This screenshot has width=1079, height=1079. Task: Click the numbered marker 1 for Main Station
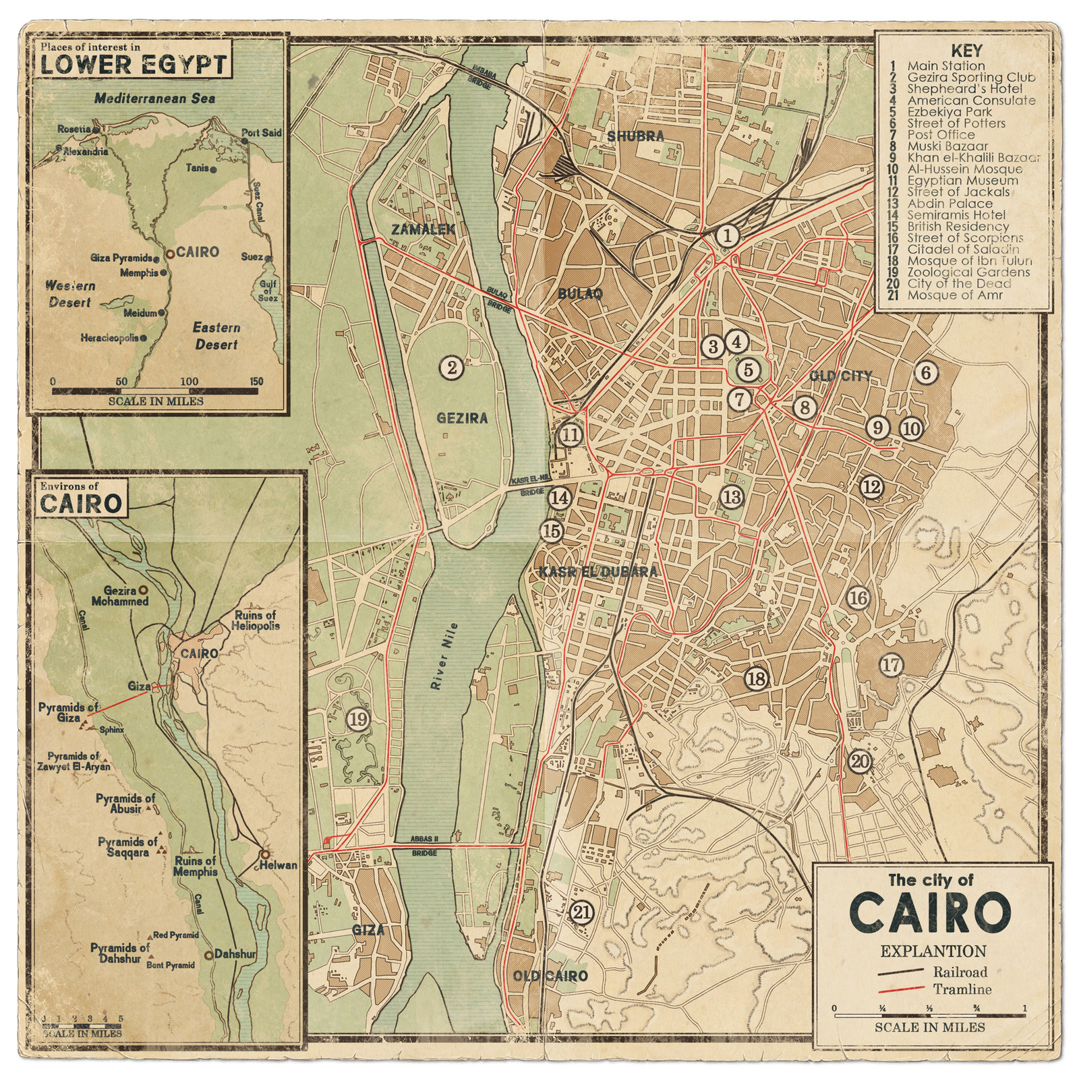pos(727,236)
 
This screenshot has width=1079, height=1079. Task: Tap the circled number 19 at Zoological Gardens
pos(358,720)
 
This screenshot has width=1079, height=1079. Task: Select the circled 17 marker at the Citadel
pos(891,665)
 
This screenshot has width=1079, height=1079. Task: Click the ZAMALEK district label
pos(423,230)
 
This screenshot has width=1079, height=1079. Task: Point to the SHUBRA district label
pos(635,136)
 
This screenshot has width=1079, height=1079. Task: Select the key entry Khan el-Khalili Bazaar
pos(973,157)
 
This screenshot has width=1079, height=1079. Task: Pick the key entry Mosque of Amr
pos(954,295)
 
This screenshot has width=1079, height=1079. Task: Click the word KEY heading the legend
pos(966,51)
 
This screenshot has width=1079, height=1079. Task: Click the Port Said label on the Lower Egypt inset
pos(262,133)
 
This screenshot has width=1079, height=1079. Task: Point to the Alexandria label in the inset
pos(86,152)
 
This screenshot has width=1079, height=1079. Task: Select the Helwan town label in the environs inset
pos(279,865)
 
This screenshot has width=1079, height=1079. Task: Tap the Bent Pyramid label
pos(171,965)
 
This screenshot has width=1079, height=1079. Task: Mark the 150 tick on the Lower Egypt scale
pos(256,382)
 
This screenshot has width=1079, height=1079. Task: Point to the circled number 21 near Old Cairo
pos(581,912)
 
